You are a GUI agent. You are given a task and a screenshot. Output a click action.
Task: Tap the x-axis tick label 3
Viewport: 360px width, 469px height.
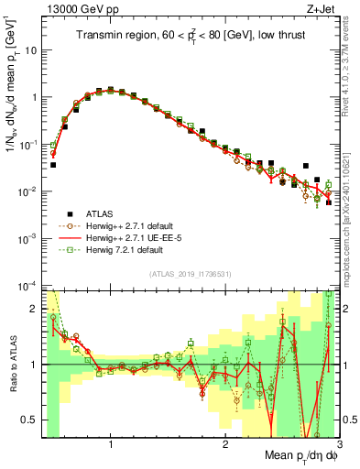tap(338, 446)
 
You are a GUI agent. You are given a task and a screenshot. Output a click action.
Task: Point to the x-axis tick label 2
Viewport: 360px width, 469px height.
tap(224, 446)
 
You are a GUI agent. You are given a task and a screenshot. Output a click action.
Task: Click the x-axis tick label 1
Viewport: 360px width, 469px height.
tap(111, 446)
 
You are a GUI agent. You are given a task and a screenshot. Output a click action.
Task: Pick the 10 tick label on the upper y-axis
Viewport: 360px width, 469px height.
tap(29, 49)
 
